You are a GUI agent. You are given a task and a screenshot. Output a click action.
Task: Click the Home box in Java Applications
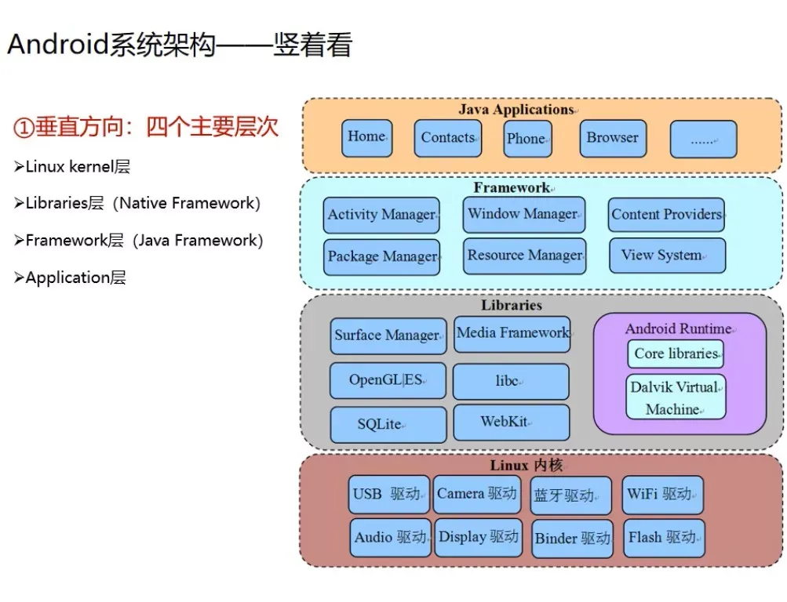pyautogui.click(x=366, y=137)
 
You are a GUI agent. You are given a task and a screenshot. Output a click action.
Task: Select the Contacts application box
pyautogui.click(x=447, y=138)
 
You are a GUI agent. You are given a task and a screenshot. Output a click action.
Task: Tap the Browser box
pyautogui.click(x=613, y=138)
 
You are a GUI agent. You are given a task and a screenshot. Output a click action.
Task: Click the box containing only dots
pyautogui.click(x=703, y=139)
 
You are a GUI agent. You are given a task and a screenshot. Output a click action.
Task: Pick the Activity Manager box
pyautogui.click(x=381, y=215)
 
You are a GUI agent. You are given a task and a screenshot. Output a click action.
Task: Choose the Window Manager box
pyautogui.click(x=523, y=214)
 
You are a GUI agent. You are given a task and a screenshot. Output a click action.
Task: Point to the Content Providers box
pyautogui.click(x=666, y=215)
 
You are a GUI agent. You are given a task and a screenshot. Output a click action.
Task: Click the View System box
pyautogui.click(x=667, y=256)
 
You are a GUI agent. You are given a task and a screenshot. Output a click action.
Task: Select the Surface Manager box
pyautogui.click(x=388, y=335)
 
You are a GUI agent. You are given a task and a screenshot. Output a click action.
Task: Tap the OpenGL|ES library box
pyautogui.click(x=387, y=380)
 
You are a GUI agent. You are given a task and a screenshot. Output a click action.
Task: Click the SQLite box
pyautogui.click(x=388, y=424)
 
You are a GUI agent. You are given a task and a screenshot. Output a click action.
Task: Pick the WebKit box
pyautogui.click(x=511, y=422)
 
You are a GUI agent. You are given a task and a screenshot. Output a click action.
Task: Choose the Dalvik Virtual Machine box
pyautogui.click(x=676, y=397)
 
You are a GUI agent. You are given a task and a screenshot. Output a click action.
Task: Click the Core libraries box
pyautogui.click(x=676, y=354)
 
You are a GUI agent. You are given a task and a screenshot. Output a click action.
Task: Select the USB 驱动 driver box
pyautogui.click(x=389, y=494)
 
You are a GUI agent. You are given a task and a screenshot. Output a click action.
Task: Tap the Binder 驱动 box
pyautogui.click(x=572, y=539)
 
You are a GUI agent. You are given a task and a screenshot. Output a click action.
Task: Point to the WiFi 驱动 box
pyautogui.click(x=662, y=494)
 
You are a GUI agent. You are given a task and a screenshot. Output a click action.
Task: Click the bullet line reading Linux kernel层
pyautogui.click(x=72, y=166)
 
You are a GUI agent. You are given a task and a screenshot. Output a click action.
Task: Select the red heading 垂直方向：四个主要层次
pyautogui.click(x=146, y=127)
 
